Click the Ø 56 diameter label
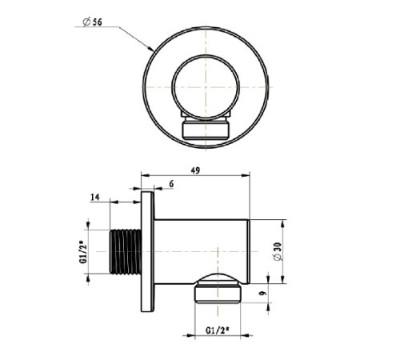(x=92, y=22)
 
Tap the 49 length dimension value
(x=195, y=170)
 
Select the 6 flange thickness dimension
(x=171, y=184)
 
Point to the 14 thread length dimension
(x=95, y=197)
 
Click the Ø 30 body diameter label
(x=277, y=251)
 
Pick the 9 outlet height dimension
(x=262, y=293)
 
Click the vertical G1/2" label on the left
(x=83, y=252)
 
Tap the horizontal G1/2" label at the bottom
(x=218, y=330)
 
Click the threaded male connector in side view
(x=125, y=252)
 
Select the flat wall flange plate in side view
(x=147, y=252)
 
